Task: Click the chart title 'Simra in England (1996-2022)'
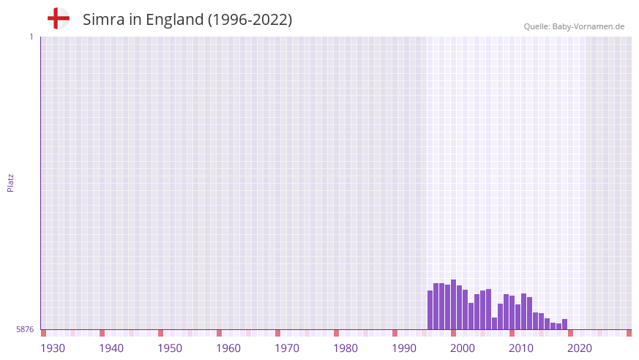187,20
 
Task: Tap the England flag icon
59,18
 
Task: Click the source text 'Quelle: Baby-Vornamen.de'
574,26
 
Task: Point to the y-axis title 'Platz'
10,182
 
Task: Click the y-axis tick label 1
31,37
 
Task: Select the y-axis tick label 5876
25,330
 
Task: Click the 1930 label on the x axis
53,348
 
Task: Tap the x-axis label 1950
170,348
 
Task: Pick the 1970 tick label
287,348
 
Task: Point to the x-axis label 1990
404,348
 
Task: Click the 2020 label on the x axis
580,348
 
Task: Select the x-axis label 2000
463,348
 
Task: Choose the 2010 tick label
521,348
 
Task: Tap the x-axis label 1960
228,348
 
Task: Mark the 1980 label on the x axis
345,348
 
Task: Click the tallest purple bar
454,304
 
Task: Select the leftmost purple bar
430,310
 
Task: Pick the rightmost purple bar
565,324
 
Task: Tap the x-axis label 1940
111,348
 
